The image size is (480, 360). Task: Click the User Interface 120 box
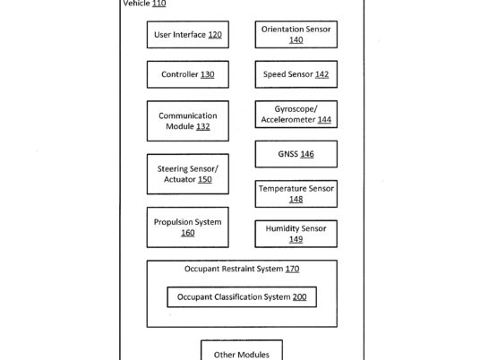coord(188,35)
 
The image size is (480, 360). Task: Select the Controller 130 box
coord(188,74)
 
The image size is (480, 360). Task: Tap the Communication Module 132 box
coord(188,121)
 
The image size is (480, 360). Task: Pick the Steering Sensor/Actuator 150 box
coord(188,174)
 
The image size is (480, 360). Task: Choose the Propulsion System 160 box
coord(188,227)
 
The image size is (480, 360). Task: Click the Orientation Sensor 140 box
coord(296,34)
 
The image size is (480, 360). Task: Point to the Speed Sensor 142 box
coord(296,74)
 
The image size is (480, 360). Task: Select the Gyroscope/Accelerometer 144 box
coord(296,115)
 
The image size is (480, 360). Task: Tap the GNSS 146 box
coord(296,154)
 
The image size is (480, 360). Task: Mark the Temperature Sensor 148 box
coord(296,193)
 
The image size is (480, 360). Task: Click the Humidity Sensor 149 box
coord(296,234)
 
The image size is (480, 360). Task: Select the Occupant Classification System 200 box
coord(242,297)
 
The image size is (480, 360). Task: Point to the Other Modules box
coord(242,350)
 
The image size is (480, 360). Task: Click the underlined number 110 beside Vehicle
coord(159,4)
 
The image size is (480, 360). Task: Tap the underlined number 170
coord(292,269)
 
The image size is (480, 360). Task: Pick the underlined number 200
coord(299,297)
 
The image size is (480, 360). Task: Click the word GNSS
coord(287,154)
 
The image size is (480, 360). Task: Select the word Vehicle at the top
coord(136,4)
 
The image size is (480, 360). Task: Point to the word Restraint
coord(238,269)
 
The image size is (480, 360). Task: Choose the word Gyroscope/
coord(296,109)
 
